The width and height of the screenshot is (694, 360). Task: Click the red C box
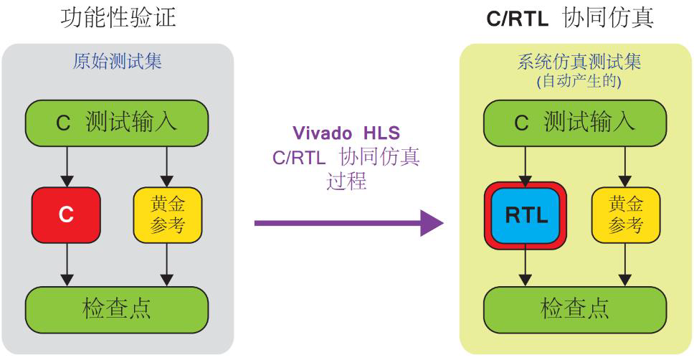[66, 215]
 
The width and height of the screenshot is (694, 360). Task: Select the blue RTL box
[527, 215]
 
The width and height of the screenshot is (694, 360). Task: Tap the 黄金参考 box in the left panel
[168, 215]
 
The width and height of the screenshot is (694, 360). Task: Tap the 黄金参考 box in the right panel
[626, 215]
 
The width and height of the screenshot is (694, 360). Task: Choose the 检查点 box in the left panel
[117, 308]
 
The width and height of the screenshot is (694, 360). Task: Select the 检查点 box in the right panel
[576, 308]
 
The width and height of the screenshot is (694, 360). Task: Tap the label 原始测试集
[117, 61]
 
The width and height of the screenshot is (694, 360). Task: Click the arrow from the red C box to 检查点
[66, 264]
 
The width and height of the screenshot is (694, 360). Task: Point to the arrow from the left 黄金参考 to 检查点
[168, 264]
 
